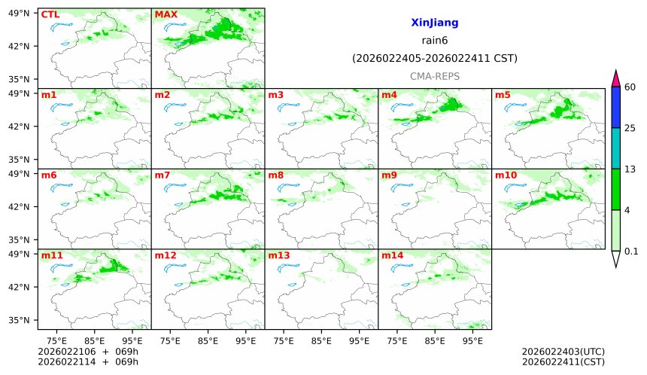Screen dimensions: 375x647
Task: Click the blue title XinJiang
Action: click(434, 23)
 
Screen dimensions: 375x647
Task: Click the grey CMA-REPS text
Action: click(434, 77)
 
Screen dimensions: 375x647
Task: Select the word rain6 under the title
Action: click(434, 41)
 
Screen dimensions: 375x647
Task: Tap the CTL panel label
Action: click(50, 14)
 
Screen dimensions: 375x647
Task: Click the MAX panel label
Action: click(166, 14)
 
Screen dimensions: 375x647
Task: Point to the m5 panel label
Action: click(502, 95)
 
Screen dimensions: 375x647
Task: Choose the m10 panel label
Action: click(506, 175)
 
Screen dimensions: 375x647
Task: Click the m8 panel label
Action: click(275, 175)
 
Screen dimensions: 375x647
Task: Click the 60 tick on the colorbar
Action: click(630, 87)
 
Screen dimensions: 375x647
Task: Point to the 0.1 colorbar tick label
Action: click(631, 252)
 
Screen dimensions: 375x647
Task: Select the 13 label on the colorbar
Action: click(630, 169)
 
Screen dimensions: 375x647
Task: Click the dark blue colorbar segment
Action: click(615, 107)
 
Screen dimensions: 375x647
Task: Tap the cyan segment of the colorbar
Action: click(615, 148)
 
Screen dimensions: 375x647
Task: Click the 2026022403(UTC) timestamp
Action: click(563, 352)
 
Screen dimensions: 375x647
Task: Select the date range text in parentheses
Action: click(434, 59)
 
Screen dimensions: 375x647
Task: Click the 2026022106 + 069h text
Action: click(73, 352)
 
